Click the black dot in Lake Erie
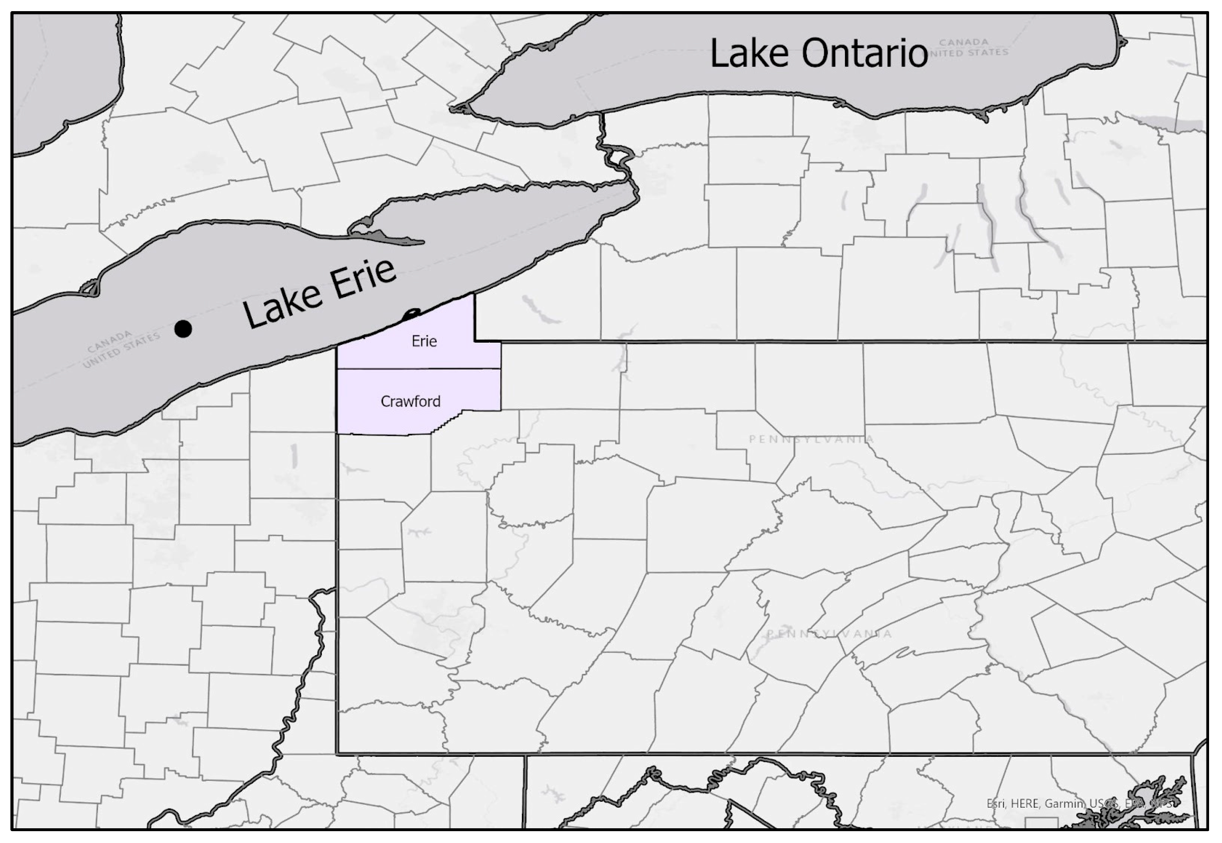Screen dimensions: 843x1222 click(x=183, y=329)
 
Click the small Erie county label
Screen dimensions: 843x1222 click(x=424, y=341)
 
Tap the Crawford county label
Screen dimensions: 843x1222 click(x=410, y=402)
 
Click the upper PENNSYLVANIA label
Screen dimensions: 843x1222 click(x=812, y=439)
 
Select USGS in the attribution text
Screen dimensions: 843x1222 click(x=1104, y=803)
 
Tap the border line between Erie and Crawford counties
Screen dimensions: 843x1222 click(x=419, y=368)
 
